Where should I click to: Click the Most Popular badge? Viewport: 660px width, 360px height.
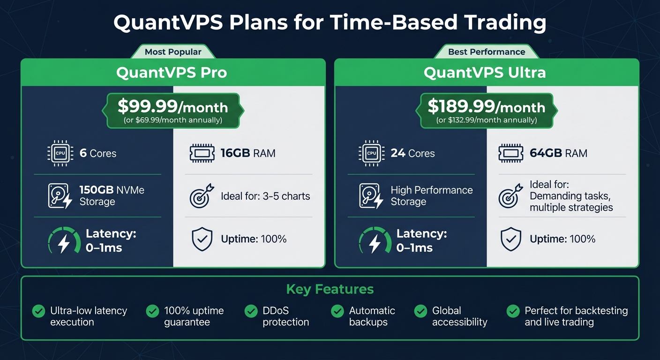pos(172,52)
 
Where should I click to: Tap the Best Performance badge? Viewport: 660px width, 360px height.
pos(487,52)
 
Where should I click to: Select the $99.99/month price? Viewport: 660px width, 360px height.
pos(172,107)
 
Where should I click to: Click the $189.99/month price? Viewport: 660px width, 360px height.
pos(486,107)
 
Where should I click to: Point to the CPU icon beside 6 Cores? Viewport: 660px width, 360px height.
pos(60,153)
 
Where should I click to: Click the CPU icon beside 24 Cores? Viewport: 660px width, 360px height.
pos(371,153)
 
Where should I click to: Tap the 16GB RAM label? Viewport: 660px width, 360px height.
pos(248,153)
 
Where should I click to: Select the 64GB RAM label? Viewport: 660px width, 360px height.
pos(558,153)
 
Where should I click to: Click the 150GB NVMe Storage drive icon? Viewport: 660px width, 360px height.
pos(60,196)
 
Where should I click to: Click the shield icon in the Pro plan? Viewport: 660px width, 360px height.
pos(202,240)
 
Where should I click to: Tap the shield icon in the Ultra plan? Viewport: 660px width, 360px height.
pos(511,240)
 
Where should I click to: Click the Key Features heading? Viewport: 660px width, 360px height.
pos(330,289)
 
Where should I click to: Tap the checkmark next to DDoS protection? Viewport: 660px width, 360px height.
pos(251,311)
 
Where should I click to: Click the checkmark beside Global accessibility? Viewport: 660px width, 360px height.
pos(420,311)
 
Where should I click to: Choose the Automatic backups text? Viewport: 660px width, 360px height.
pos(372,316)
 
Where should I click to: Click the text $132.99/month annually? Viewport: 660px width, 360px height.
pos(486,120)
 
